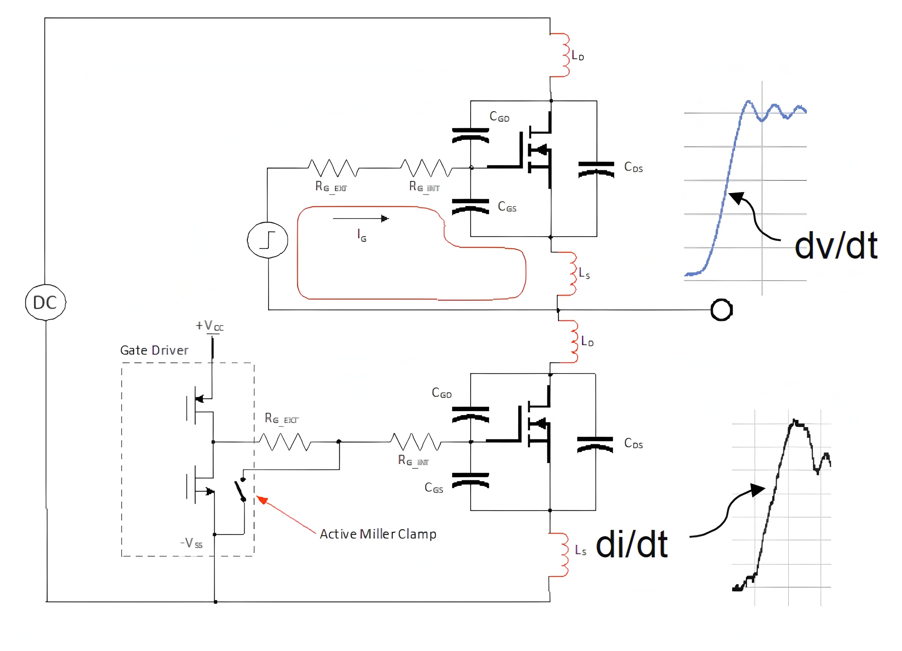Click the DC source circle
(45, 303)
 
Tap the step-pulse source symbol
(268, 240)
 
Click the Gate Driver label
(154, 350)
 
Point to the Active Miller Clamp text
(378, 534)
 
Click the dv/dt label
(836, 246)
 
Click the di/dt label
(631, 545)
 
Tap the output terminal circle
(722, 310)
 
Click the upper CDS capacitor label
(633, 167)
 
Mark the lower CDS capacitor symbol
(595, 445)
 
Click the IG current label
(361, 235)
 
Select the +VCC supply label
(210, 326)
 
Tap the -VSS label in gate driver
(192, 543)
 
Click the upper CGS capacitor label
(507, 207)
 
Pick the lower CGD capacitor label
(442, 393)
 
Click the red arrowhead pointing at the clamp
(262, 500)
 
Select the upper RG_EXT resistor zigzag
(333, 168)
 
